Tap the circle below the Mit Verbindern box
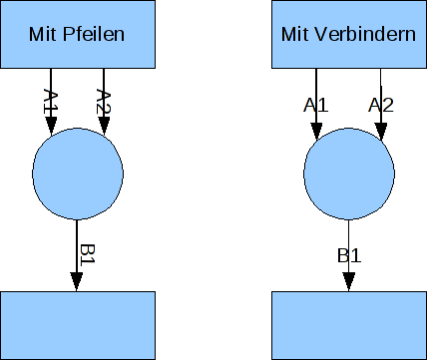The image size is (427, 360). click(x=348, y=174)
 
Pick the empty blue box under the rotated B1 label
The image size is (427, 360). click(x=78, y=324)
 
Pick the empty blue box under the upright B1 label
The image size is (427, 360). click(x=348, y=324)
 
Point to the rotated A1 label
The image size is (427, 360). click(x=55, y=100)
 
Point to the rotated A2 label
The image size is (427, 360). click(x=103, y=101)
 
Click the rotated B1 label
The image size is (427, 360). click(x=87, y=254)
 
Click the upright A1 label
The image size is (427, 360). click(x=316, y=104)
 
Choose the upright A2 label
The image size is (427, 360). click(x=380, y=104)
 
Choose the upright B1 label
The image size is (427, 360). click(x=348, y=255)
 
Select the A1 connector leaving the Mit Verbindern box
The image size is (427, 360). click(x=316, y=85)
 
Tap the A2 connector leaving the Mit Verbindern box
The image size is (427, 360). click(x=381, y=85)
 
